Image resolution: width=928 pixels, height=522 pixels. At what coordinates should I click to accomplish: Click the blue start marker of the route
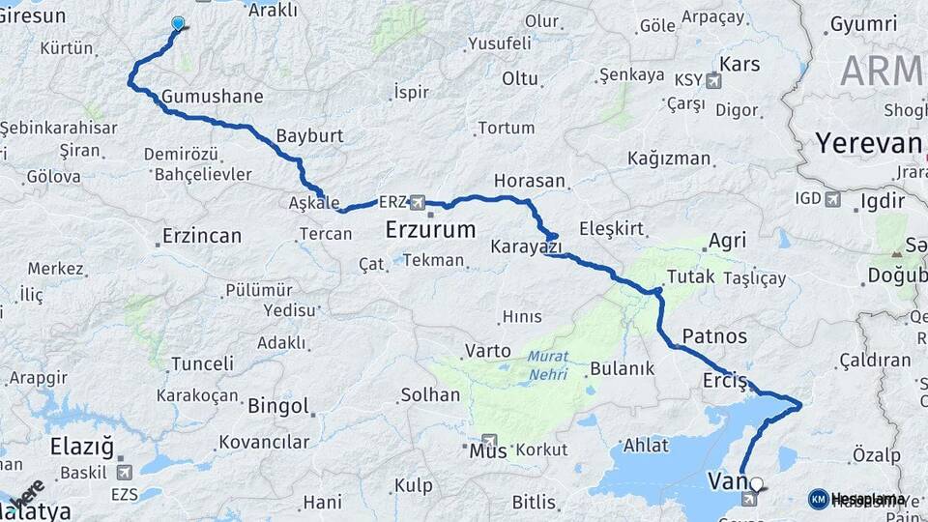pos(178,23)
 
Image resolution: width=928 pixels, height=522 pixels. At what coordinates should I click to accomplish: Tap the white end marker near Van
pos(756,483)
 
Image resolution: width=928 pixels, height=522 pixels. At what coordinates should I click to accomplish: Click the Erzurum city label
pos(430,230)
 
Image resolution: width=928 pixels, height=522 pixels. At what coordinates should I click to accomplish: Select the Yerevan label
pos(867,144)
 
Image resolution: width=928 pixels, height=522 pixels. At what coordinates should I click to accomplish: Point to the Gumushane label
pos(213,97)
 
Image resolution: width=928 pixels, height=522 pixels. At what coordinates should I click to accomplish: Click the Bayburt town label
pos(309,135)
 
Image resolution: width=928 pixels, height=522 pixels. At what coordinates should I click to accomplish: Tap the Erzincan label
pos(201,235)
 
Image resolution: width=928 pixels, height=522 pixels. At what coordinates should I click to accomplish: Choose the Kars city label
pos(740,65)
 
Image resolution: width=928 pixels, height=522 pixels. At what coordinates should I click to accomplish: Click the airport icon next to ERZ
pos(418,202)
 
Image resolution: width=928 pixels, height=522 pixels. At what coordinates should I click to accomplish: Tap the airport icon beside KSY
pos(714,80)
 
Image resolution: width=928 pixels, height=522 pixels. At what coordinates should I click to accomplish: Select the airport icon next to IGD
pos(832,199)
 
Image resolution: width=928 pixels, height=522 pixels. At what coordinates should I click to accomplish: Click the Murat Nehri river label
pos(547,364)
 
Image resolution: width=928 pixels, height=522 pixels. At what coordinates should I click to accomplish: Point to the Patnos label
pos(714,336)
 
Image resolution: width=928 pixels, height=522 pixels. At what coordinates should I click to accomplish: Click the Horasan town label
pos(529,181)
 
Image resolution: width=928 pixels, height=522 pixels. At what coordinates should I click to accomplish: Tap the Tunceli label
pos(202,364)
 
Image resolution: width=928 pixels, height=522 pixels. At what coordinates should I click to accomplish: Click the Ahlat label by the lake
pos(647,445)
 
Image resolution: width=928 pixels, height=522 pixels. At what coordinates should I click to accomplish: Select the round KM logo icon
pos(818,498)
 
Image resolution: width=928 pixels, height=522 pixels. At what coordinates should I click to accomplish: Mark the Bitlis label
pos(534,502)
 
